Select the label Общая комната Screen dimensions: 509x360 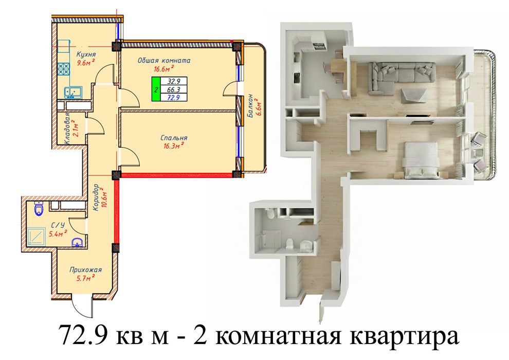pos(163,60)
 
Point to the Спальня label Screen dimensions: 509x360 pos(174,138)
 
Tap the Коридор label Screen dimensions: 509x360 pos(96,197)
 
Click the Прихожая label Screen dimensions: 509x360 pos(86,270)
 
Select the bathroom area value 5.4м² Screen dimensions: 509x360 pos(58,233)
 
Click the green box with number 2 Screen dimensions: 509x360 pos(156,89)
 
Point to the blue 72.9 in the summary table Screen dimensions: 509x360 pos(173,97)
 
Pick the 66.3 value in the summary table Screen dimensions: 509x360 pos(174,89)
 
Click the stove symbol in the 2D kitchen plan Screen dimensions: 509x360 pos(64,69)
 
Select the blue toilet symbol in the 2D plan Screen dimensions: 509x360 pos(39,208)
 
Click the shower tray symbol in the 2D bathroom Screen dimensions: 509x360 pos(38,237)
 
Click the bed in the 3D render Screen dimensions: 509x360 pos(421,160)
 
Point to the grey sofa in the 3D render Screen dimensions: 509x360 pos(401,75)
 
